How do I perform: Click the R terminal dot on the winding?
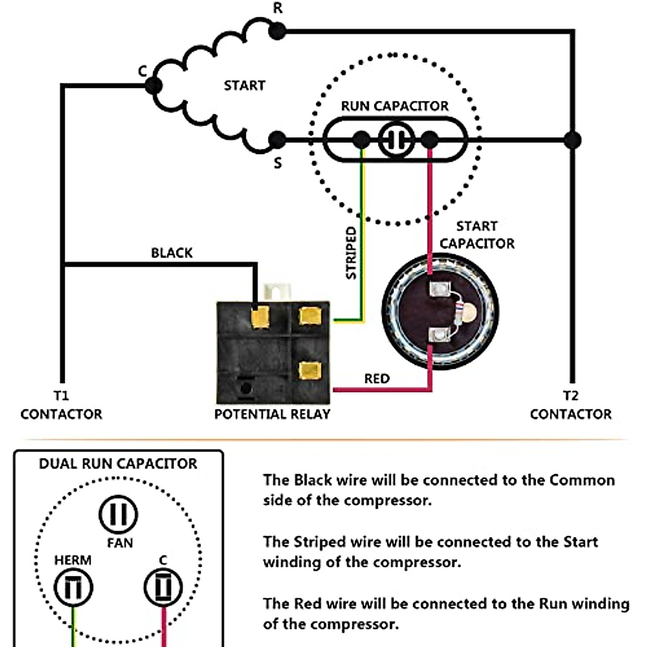277,31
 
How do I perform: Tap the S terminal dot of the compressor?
277,140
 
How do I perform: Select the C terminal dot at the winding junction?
154,85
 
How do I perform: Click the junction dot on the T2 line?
572,140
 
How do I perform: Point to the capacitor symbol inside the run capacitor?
396,140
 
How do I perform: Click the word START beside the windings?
244,85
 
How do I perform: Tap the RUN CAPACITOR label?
395,106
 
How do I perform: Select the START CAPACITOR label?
477,235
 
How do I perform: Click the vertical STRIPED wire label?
352,252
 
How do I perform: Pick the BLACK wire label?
171,253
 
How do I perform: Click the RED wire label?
376,379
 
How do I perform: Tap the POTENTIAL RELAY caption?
272,414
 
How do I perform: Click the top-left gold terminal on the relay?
261,317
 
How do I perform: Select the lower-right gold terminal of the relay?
309,370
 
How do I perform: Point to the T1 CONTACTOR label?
61,405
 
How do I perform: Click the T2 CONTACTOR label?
571,405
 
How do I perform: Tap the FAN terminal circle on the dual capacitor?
119,514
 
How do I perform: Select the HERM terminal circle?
73,587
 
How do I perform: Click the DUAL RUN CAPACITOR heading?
118,464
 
